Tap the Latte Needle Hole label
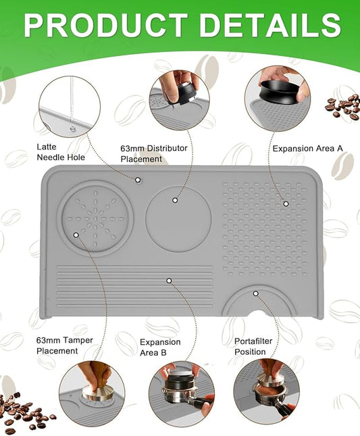[x=61, y=152]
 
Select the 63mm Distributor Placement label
[x=154, y=153]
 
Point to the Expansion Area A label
[x=308, y=149]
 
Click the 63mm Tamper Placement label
[x=64, y=345]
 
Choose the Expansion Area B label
[x=160, y=347]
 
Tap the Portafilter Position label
[x=253, y=347]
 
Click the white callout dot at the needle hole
[x=138, y=180]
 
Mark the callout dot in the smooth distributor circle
[x=175, y=200]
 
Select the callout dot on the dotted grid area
[x=286, y=204]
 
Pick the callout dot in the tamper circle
[x=76, y=235]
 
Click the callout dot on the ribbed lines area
[x=169, y=281]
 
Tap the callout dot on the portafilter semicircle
[x=256, y=293]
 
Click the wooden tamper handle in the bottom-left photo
[x=98, y=374]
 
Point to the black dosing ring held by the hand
[x=280, y=91]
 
